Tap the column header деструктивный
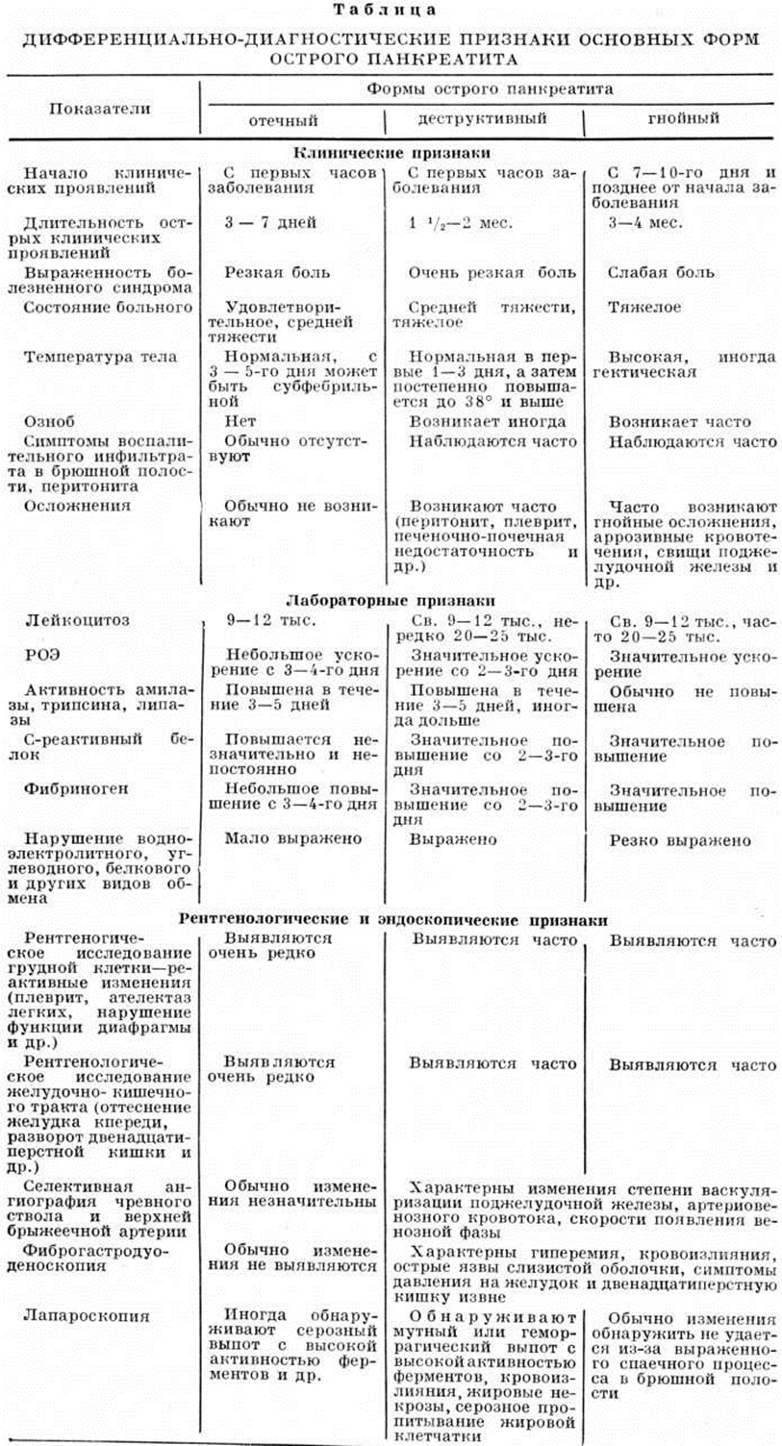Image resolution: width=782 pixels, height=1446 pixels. click(482, 119)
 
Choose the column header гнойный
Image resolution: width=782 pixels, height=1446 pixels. click(684, 119)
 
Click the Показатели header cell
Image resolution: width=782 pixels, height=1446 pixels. click(100, 108)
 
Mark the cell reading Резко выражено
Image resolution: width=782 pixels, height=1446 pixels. click(679, 840)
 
